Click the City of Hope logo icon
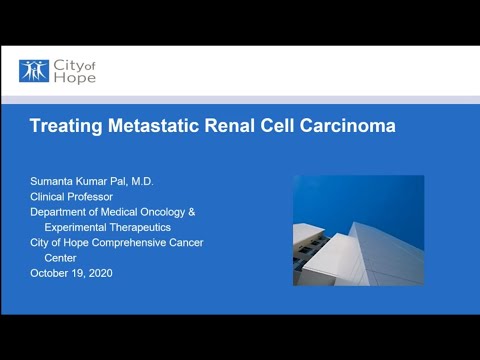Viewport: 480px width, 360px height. coord(33,71)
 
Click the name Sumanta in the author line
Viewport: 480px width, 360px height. coord(55,182)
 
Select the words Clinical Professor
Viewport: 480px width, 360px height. coord(76,197)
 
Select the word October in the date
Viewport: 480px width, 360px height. coord(50,273)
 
